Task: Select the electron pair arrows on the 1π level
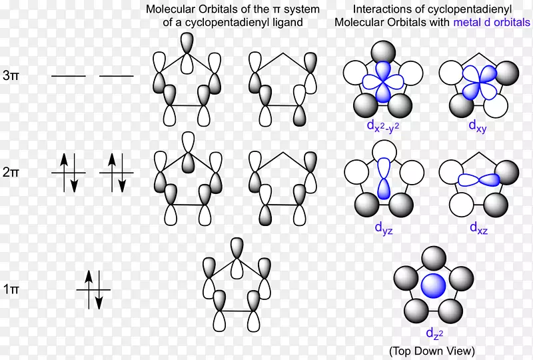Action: click(94, 289)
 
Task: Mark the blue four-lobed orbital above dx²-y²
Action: click(383, 82)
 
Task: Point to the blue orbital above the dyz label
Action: click(383, 178)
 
